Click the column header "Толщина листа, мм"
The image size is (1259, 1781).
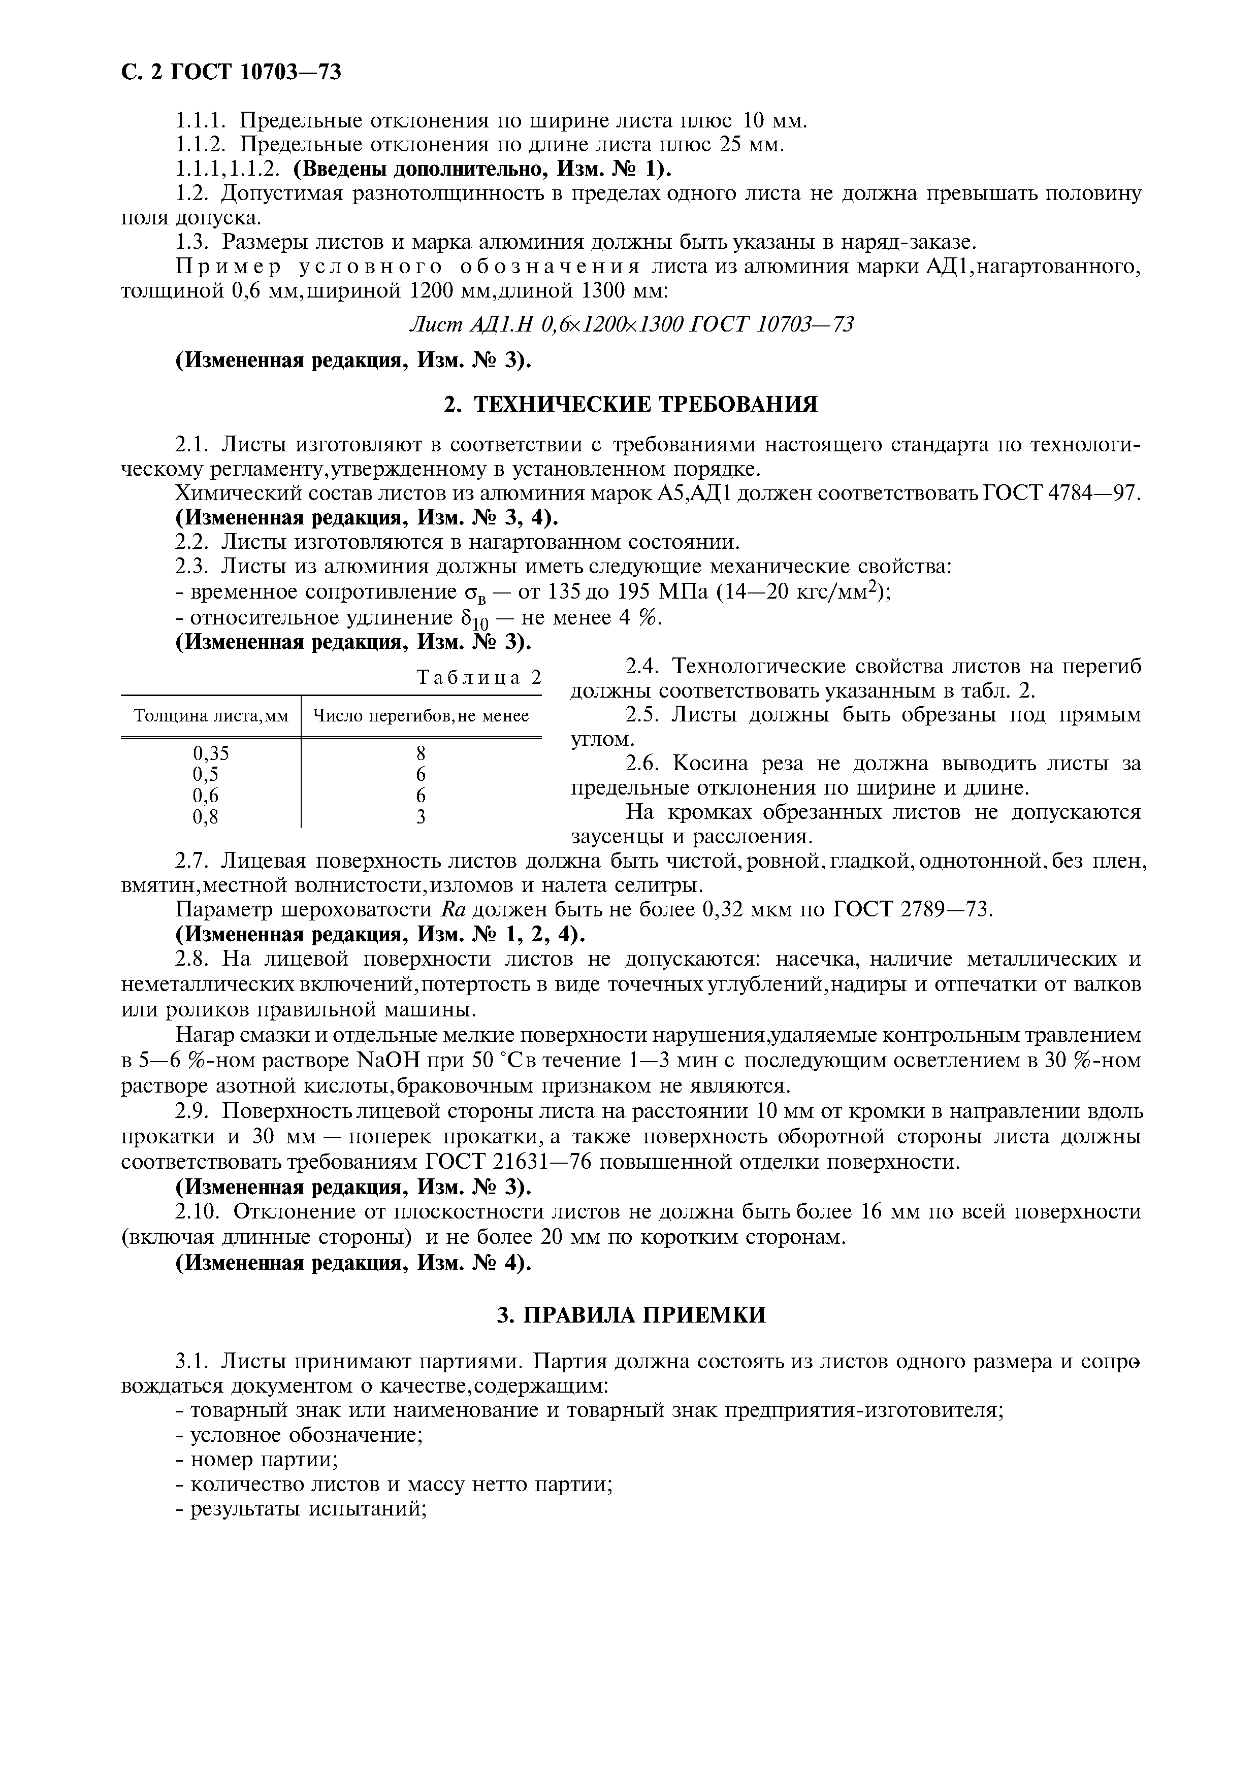click(211, 715)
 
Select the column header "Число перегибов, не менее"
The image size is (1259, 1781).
click(421, 715)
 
